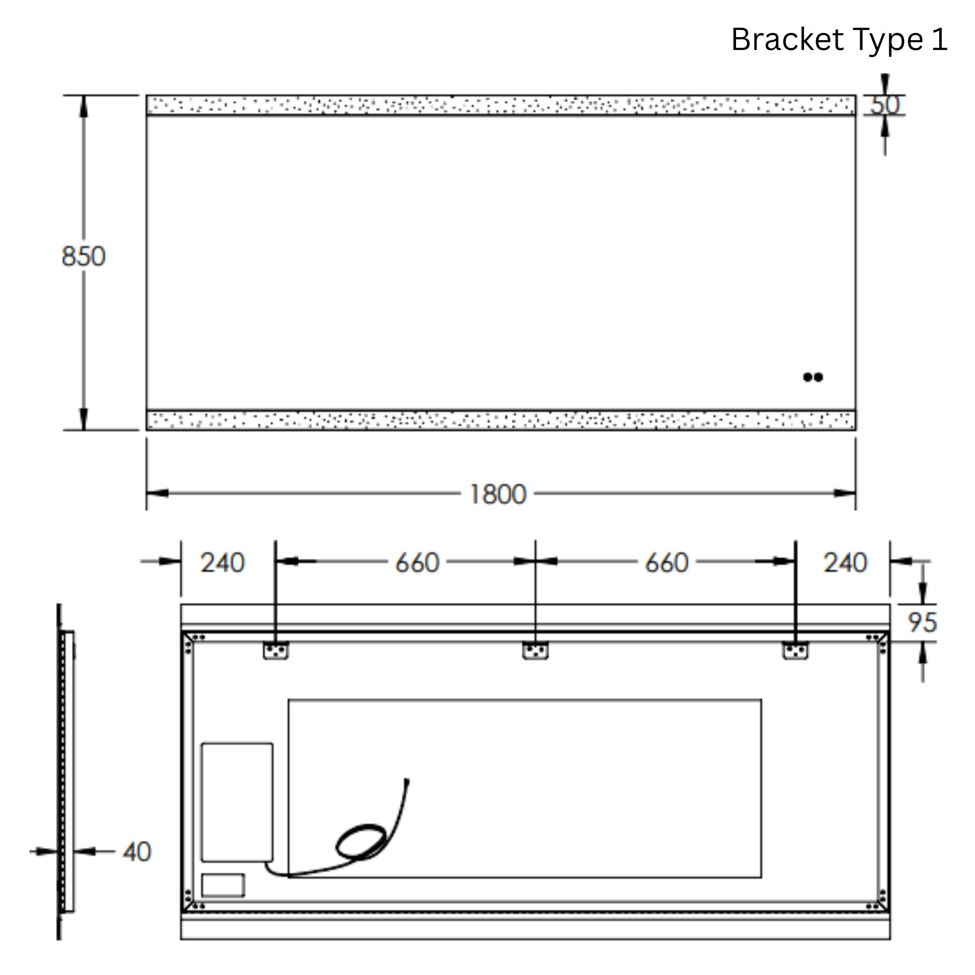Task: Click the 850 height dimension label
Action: click(x=83, y=257)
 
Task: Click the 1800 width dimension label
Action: click(x=497, y=494)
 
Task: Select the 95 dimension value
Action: click(x=922, y=622)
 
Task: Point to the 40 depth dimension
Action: click(x=137, y=852)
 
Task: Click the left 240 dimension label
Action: click(x=222, y=563)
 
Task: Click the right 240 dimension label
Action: click(x=845, y=563)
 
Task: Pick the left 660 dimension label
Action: click(x=417, y=563)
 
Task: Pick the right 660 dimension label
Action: click(x=666, y=563)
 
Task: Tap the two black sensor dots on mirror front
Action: click(x=813, y=377)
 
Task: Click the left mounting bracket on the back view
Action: click(x=276, y=650)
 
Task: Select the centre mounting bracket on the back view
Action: click(x=535, y=650)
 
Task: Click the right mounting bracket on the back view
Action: click(x=795, y=650)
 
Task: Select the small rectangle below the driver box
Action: click(x=223, y=885)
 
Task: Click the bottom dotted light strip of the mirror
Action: click(x=501, y=420)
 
